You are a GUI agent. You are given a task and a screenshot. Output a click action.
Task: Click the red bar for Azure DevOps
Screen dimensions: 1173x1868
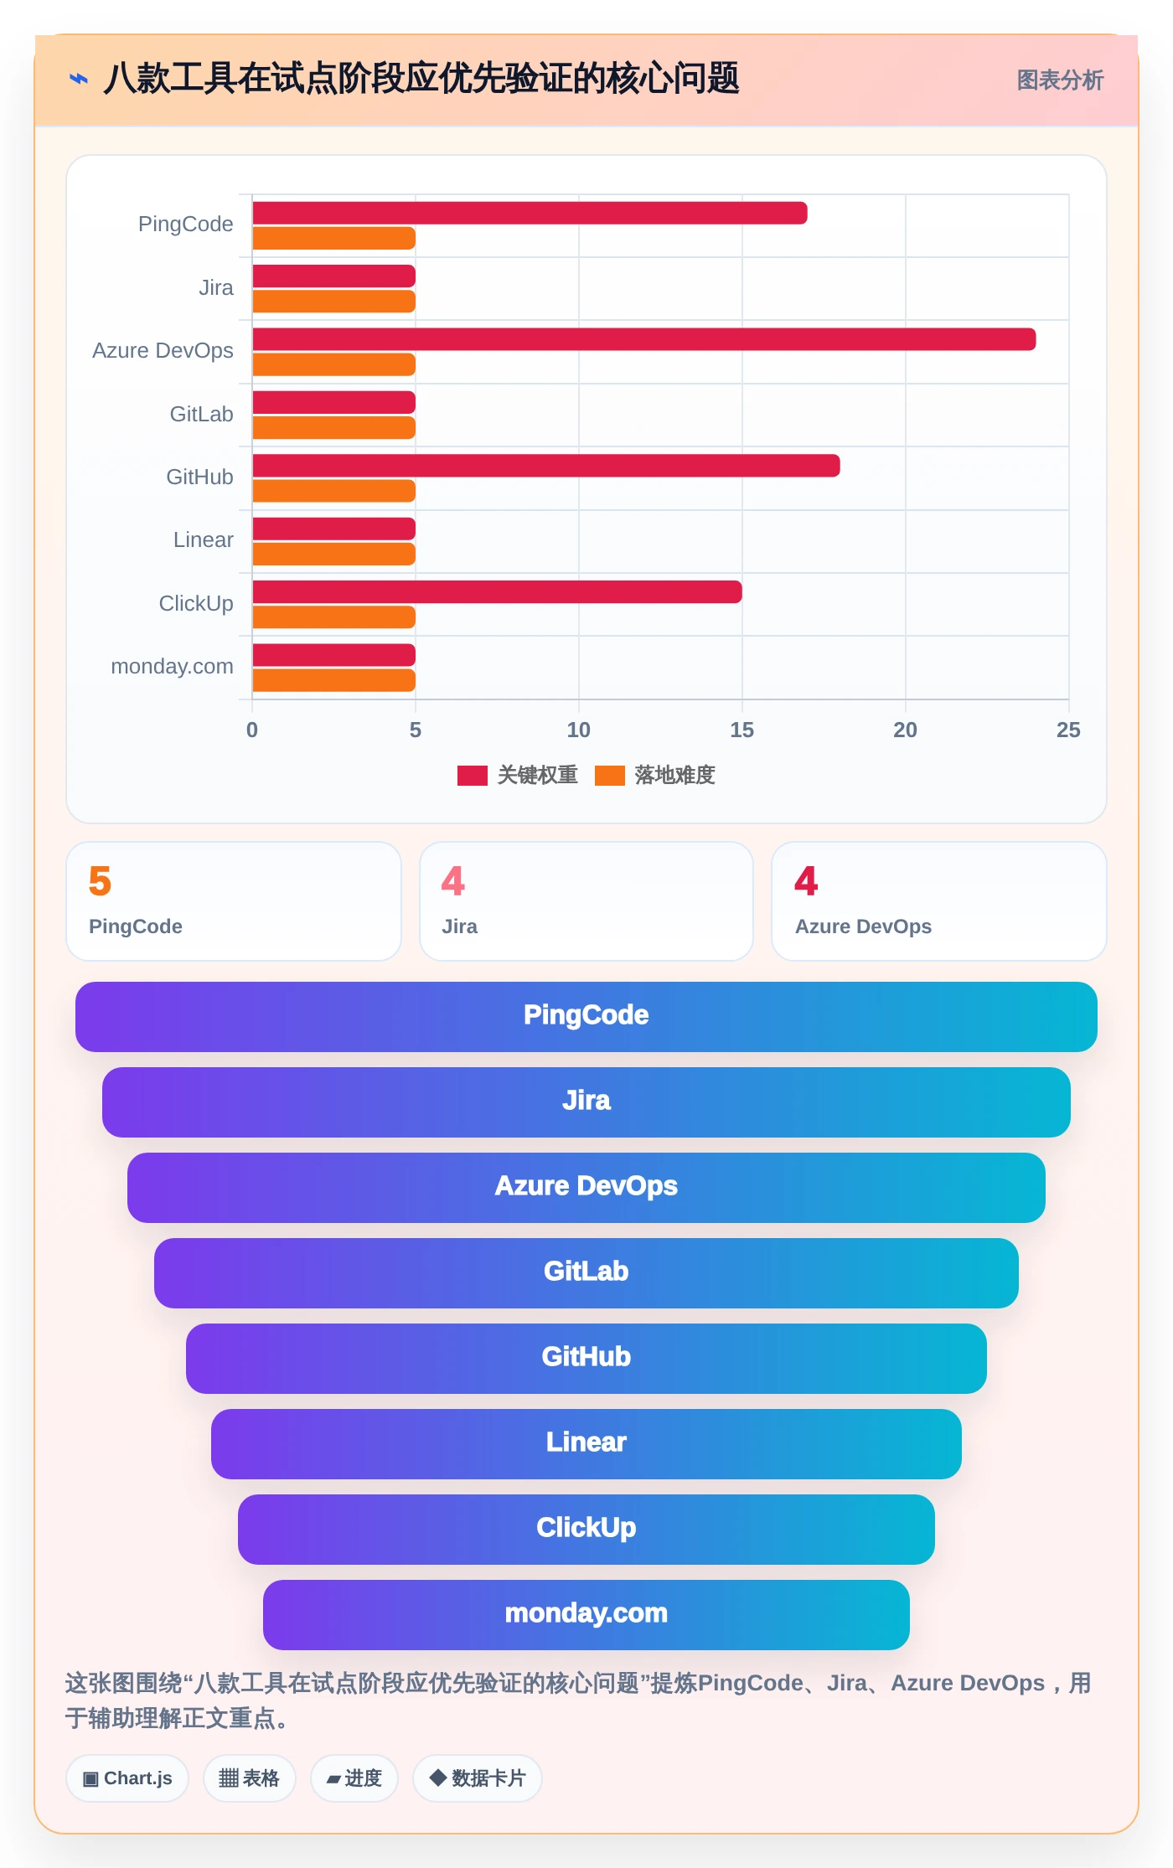[643, 339]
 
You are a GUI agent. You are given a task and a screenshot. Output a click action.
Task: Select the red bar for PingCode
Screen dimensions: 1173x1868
[530, 213]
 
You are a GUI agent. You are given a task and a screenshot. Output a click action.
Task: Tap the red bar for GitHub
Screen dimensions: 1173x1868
[545, 466]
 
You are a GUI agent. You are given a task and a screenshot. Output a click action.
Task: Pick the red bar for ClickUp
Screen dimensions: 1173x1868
[497, 592]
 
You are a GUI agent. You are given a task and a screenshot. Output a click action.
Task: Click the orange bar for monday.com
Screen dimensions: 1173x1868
[333, 680]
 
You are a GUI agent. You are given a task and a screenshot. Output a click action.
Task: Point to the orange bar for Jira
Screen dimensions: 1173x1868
[333, 302]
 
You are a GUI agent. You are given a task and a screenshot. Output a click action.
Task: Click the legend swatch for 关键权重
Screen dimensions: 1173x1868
[473, 776]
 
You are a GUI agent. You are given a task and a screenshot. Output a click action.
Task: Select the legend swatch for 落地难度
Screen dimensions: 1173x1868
[610, 776]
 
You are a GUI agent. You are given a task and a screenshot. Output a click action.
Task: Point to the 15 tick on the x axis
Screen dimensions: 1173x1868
[742, 730]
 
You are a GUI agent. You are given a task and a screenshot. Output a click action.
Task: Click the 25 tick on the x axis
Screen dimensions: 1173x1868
[1068, 730]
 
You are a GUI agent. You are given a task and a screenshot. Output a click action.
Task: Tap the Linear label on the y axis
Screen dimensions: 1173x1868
[203, 540]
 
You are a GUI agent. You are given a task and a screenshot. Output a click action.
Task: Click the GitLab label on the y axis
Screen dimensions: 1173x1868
[201, 414]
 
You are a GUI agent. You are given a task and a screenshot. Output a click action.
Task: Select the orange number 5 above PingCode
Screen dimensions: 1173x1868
[100, 881]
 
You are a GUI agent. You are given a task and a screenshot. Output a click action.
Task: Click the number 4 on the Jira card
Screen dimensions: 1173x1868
[453, 881]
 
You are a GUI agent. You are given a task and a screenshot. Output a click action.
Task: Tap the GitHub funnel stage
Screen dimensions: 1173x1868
[586, 1359]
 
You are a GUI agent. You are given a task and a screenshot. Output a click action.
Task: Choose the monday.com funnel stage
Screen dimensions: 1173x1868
[586, 1615]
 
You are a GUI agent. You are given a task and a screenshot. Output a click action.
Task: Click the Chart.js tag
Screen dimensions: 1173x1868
[127, 1778]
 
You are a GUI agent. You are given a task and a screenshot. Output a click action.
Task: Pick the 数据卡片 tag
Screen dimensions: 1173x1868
[478, 1778]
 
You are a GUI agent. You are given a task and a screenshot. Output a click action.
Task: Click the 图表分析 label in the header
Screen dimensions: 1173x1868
[1060, 80]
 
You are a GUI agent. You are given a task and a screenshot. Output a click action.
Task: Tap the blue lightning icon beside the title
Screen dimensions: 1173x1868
[79, 80]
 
